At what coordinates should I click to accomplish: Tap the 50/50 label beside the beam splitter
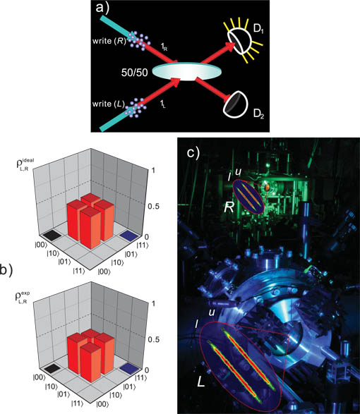coord(135,72)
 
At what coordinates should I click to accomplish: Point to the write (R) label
coord(109,41)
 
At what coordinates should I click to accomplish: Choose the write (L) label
coord(109,104)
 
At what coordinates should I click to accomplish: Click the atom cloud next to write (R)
coord(138,39)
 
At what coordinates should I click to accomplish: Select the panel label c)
coord(193,152)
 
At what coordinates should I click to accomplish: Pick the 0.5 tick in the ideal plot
coord(154,206)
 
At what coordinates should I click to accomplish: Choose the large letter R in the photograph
coord(229,208)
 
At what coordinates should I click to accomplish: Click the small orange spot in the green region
coord(267,188)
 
